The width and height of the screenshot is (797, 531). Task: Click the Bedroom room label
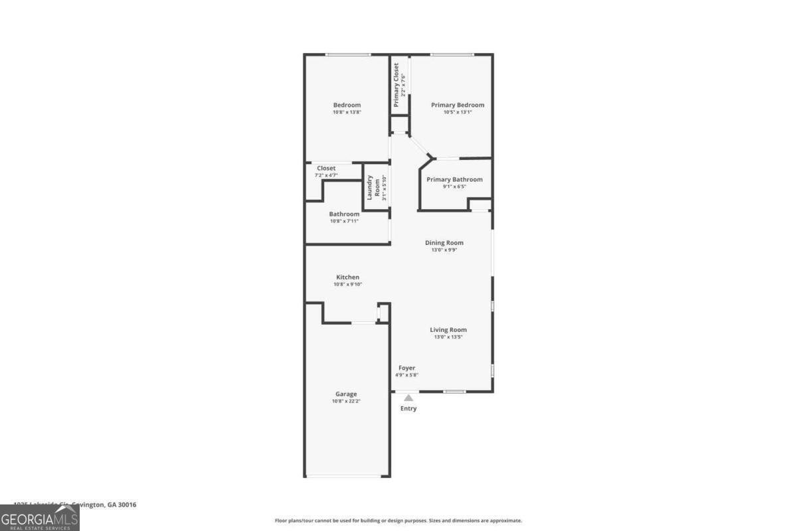coord(347,105)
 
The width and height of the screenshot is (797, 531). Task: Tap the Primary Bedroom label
coord(458,105)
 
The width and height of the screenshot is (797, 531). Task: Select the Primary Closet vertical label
coord(397,85)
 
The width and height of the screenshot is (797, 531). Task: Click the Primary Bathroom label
coord(454,179)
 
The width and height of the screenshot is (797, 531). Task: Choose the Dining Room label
coord(444,243)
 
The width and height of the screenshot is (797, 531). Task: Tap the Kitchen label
coord(347,277)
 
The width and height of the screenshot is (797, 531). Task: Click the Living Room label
coord(448,330)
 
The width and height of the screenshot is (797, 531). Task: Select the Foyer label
coord(406,368)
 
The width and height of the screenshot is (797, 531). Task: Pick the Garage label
coord(345,394)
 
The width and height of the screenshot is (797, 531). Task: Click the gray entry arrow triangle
coord(408,398)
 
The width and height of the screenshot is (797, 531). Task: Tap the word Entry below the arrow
coord(408,409)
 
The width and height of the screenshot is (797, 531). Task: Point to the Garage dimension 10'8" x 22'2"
coord(345,402)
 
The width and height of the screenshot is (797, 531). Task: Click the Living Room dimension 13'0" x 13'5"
coord(448,337)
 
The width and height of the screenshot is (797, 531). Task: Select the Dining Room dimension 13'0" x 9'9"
coord(444,250)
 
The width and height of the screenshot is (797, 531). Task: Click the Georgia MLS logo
coord(39,518)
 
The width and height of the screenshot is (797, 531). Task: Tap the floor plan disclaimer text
coord(398,520)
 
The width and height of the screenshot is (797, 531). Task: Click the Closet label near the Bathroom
coord(326,168)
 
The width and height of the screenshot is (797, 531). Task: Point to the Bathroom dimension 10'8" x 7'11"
coord(344,221)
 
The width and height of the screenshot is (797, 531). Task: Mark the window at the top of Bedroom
coord(347,54)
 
